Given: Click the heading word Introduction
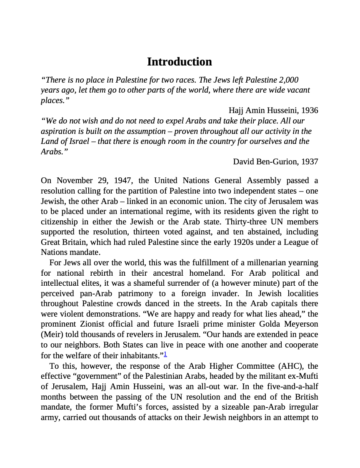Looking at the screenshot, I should pos(179,62).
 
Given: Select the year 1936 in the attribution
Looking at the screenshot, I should pos(310,111).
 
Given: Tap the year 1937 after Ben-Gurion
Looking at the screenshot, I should pos(310,161).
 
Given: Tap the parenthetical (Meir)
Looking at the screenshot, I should pos(52,335).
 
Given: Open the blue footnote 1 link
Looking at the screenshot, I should pos(165,354).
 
